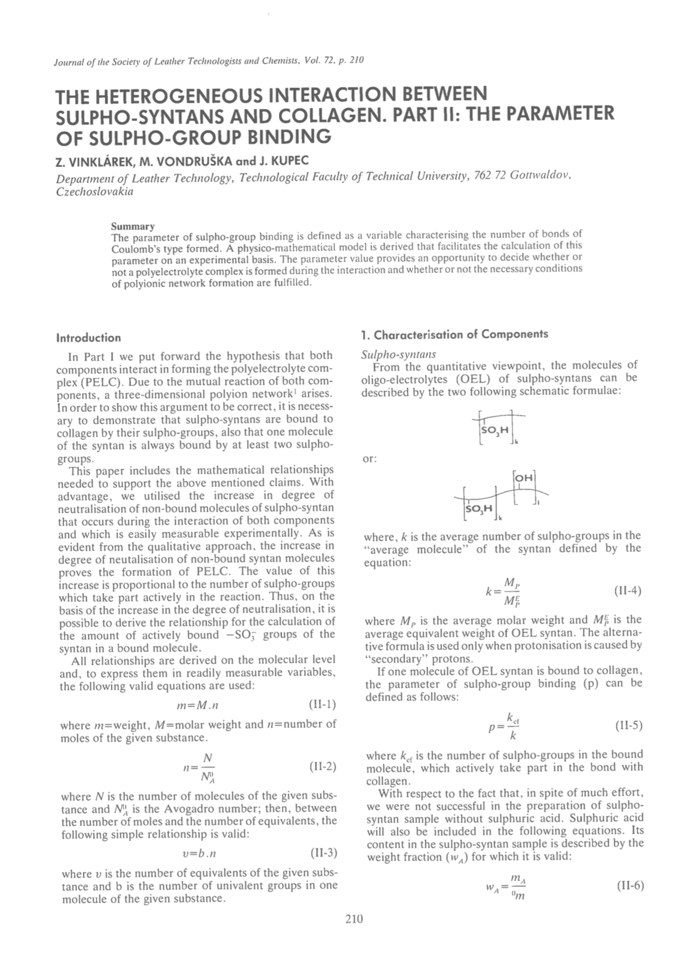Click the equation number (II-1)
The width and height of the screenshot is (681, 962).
(x=322, y=704)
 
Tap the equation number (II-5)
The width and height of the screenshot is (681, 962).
(x=628, y=726)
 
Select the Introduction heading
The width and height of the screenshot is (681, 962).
(x=89, y=338)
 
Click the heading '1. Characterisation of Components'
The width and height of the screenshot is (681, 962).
(x=455, y=334)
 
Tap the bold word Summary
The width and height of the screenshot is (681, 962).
(x=132, y=226)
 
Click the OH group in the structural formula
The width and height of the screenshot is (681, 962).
(x=525, y=478)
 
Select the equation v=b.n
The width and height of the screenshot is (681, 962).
(x=200, y=854)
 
